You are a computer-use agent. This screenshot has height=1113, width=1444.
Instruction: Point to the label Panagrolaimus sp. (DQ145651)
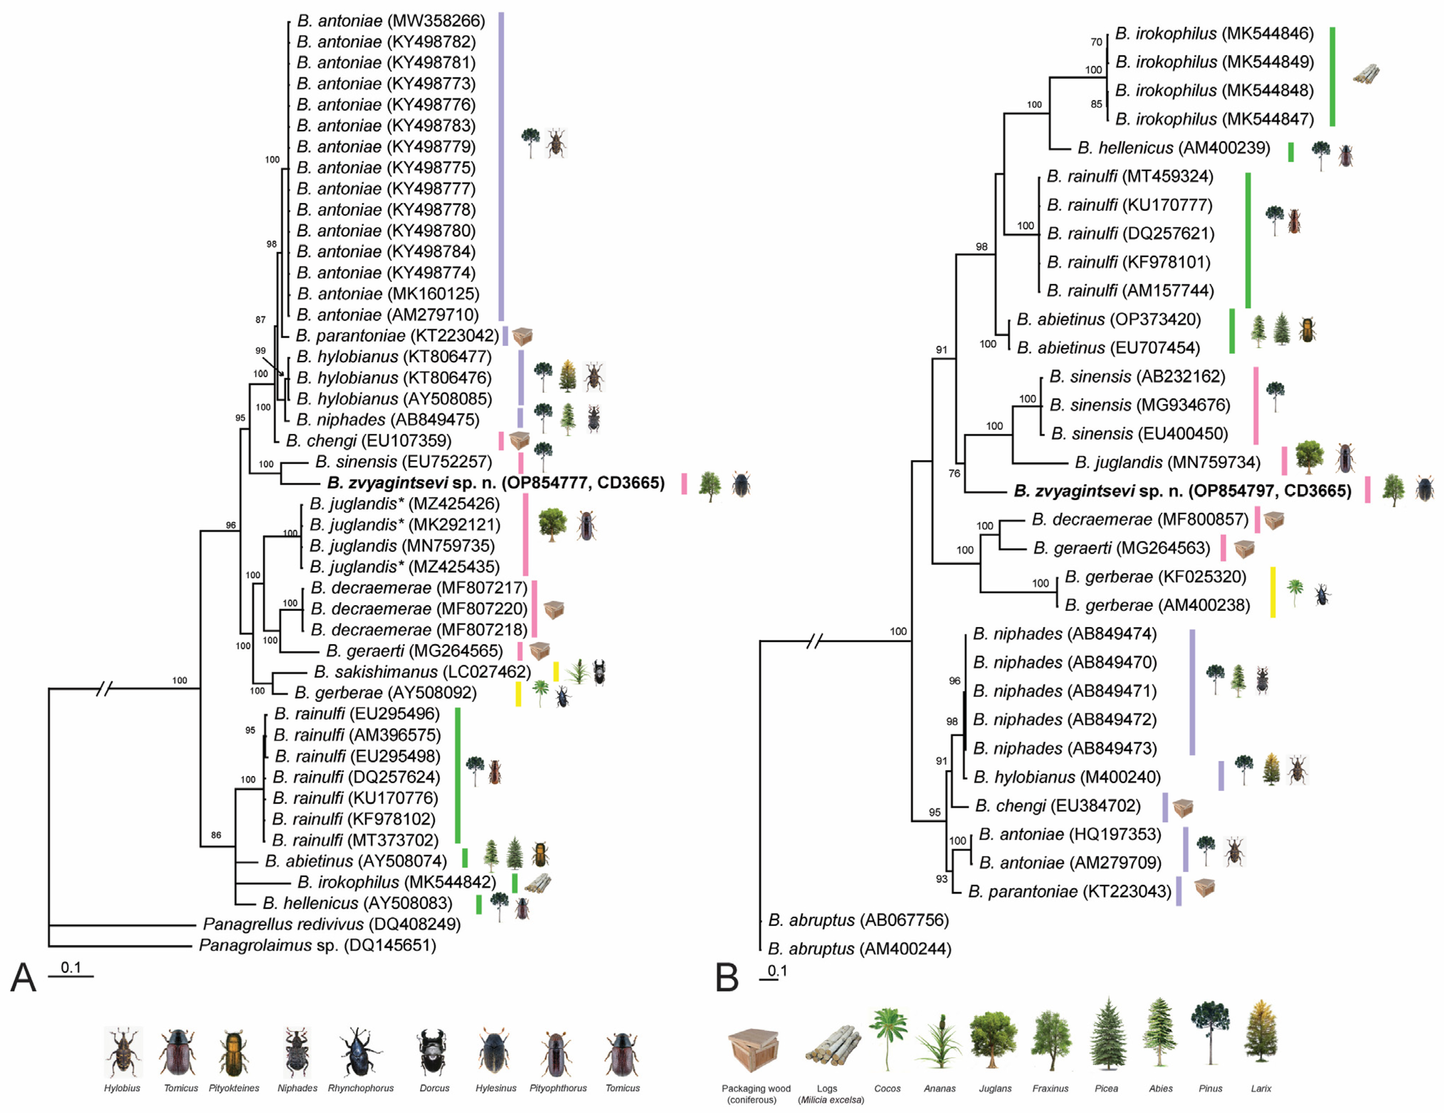(317, 945)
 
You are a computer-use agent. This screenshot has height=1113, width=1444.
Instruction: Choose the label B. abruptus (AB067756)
(858, 920)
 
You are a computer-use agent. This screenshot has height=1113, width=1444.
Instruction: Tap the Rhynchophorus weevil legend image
(360, 1051)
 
